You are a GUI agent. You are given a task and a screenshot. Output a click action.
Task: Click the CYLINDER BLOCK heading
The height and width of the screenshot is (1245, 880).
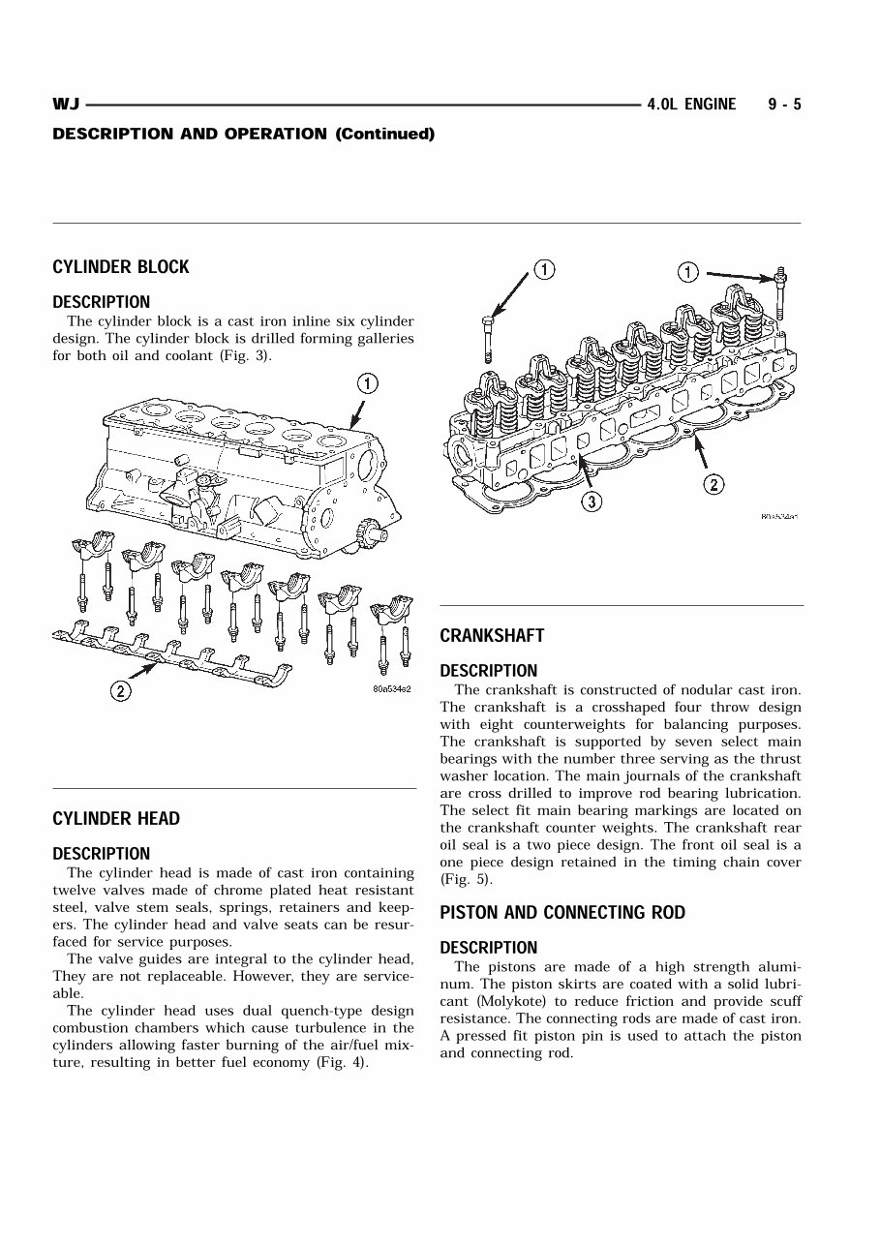tap(121, 267)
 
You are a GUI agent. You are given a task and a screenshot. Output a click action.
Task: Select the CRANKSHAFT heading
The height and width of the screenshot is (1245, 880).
tap(492, 636)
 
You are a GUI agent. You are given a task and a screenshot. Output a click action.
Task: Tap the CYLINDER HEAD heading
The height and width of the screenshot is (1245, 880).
tap(116, 819)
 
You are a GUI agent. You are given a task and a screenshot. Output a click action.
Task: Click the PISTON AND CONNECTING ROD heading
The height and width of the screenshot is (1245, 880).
tap(562, 913)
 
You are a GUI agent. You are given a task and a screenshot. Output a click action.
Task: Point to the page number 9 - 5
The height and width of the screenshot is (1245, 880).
tap(784, 105)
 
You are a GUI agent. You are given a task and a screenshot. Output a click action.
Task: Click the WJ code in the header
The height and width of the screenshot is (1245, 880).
tap(66, 105)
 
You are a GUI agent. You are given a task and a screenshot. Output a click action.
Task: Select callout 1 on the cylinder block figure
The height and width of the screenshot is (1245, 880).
tap(367, 383)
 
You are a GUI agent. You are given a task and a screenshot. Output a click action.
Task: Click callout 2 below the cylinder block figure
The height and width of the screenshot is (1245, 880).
tap(120, 691)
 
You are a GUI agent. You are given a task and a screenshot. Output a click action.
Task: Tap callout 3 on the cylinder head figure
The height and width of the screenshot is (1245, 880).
tap(592, 501)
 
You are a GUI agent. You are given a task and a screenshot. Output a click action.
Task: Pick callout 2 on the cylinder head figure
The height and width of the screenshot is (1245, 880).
tap(713, 485)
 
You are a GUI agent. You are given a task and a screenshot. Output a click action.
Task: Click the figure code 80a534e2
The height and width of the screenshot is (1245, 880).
tap(392, 689)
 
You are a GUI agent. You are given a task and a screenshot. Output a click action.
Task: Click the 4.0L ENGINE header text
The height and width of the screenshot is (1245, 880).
tap(691, 105)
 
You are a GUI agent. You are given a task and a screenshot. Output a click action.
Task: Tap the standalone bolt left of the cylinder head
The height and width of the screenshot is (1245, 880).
tap(489, 337)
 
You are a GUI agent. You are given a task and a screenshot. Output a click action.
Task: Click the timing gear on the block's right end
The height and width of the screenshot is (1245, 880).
tap(367, 532)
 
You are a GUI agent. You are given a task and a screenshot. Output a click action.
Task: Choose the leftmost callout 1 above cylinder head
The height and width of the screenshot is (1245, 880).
tap(545, 269)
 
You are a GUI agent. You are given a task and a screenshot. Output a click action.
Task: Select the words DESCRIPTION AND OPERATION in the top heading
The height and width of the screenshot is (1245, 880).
tap(190, 134)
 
